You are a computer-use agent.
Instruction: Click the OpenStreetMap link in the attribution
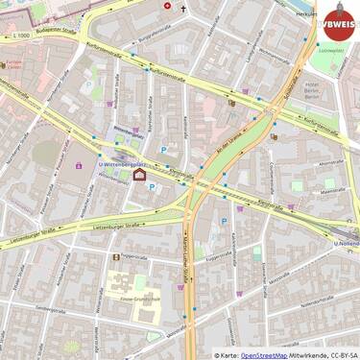263,354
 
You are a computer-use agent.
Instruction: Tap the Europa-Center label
13,66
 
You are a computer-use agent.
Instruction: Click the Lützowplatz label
331,50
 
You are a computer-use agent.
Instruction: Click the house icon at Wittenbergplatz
139,175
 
